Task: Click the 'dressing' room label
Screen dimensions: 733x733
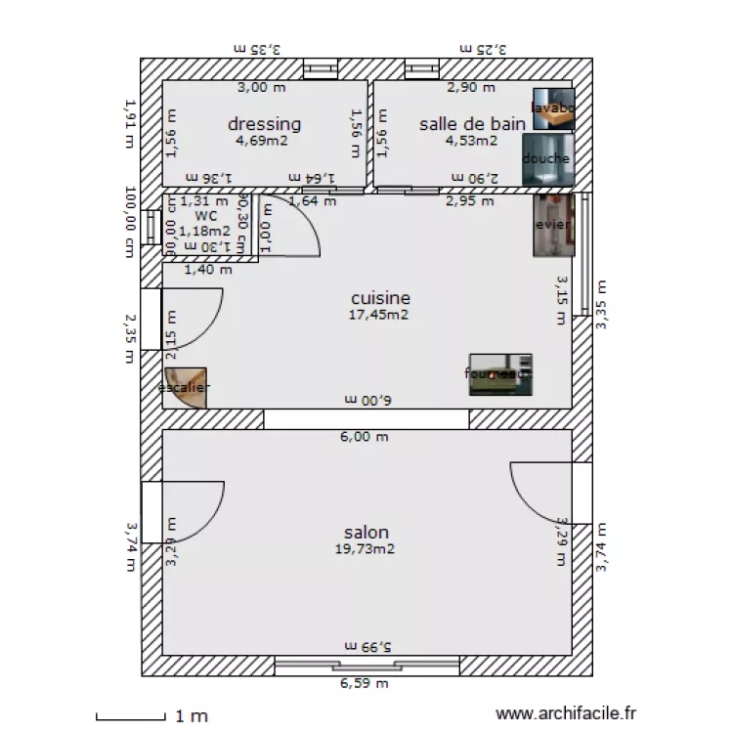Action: (264, 124)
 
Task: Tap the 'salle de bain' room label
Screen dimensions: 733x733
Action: (473, 124)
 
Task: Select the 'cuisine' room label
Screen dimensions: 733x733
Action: (380, 298)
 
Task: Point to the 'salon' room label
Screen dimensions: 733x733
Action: (366, 533)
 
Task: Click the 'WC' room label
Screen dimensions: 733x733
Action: (205, 216)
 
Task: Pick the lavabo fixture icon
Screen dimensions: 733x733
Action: (553, 108)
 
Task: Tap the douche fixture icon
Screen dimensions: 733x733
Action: (546, 159)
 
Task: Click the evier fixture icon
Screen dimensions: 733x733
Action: (552, 226)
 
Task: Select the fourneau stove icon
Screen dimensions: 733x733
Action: (500, 374)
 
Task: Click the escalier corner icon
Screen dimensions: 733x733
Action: (186, 387)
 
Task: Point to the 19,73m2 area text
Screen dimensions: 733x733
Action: (366, 549)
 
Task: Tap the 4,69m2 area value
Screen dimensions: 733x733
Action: (262, 141)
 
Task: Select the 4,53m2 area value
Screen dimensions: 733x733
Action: (471, 141)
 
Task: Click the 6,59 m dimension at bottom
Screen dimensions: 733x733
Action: (365, 684)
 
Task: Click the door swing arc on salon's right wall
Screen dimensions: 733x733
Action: (538, 494)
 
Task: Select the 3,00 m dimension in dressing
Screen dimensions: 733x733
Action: (262, 88)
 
